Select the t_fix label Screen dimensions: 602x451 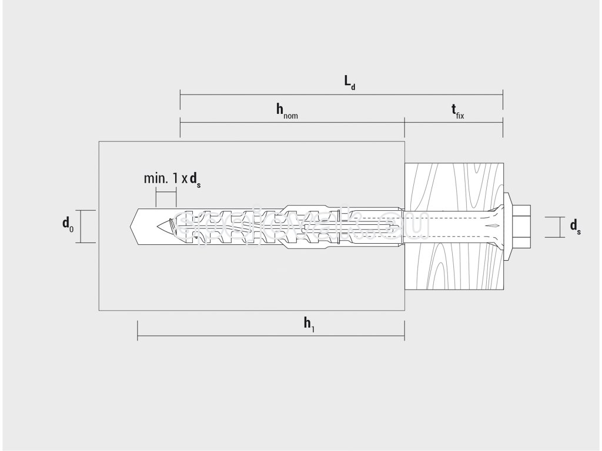click(457, 111)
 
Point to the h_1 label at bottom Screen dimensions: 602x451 click(309, 324)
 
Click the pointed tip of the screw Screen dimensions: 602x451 click(161, 226)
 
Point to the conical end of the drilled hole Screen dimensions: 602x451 click(133, 226)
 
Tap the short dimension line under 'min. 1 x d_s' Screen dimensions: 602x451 click(166, 190)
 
